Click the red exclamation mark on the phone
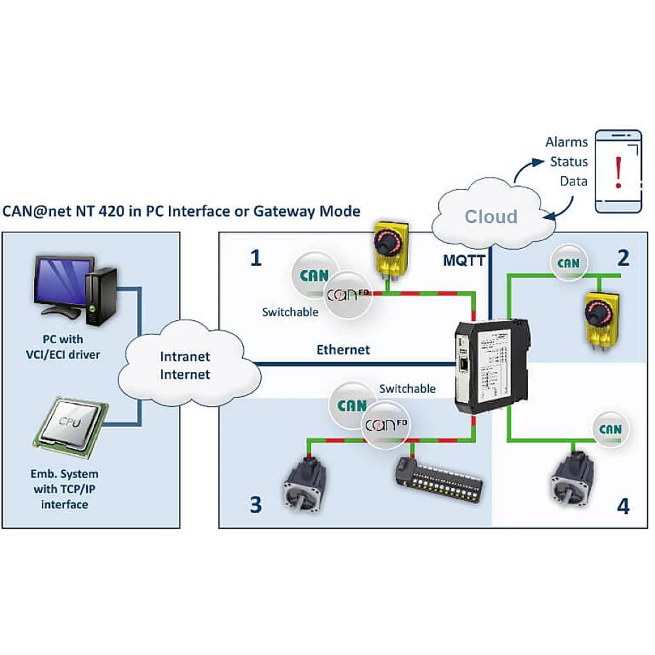tap(618, 171)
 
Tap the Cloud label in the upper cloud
tap(491, 216)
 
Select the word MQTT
tap(464, 261)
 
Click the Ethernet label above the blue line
tap(343, 349)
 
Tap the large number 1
tap(256, 259)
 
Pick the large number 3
tap(255, 504)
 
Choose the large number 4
tap(623, 506)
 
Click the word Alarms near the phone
tap(567, 141)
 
